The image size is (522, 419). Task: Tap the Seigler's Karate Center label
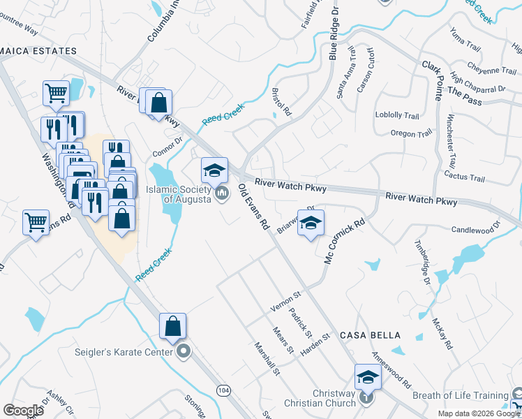[124, 352]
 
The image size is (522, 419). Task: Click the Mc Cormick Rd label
[345, 242]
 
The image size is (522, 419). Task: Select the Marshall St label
[267, 359]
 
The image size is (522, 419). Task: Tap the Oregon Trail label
[412, 133]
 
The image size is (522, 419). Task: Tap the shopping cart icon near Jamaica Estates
[56, 92]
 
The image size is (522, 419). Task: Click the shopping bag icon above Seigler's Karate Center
[172, 325]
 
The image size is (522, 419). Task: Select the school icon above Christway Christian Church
[368, 377]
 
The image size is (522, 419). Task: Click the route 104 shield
[223, 390]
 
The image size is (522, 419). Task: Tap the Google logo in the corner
[23, 411]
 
